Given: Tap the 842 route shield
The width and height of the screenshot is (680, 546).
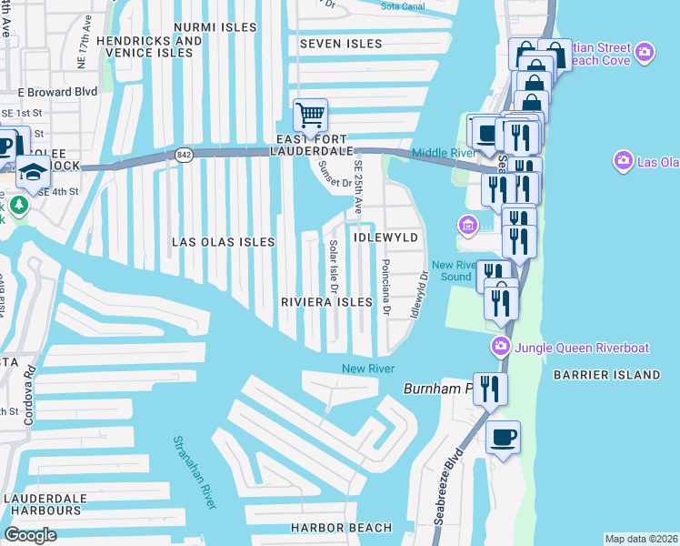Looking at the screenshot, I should pyautogui.click(x=185, y=156).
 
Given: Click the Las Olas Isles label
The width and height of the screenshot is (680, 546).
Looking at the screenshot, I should pyautogui.click(x=224, y=242).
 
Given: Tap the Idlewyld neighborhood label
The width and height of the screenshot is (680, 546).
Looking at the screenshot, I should pyautogui.click(x=387, y=238).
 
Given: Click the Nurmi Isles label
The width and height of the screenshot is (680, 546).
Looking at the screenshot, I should pyautogui.click(x=215, y=28).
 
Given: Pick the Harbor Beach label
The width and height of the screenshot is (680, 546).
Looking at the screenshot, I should pyautogui.click(x=341, y=528).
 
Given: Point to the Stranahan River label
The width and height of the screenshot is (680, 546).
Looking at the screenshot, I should pyautogui.click(x=194, y=471).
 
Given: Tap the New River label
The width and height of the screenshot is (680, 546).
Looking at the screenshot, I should pyautogui.click(x=367, y=369).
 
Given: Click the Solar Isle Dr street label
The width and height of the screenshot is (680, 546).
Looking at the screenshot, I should pyautogui.click(x=334, y=267).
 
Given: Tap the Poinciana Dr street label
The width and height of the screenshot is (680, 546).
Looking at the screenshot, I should pyautogui.click(x=386, y=288).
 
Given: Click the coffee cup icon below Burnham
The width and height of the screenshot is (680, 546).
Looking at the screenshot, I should pyautogui.click(x=503, y=438).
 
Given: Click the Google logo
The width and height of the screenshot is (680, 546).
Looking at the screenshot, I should pyautogui.click(x=30, y=535).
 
